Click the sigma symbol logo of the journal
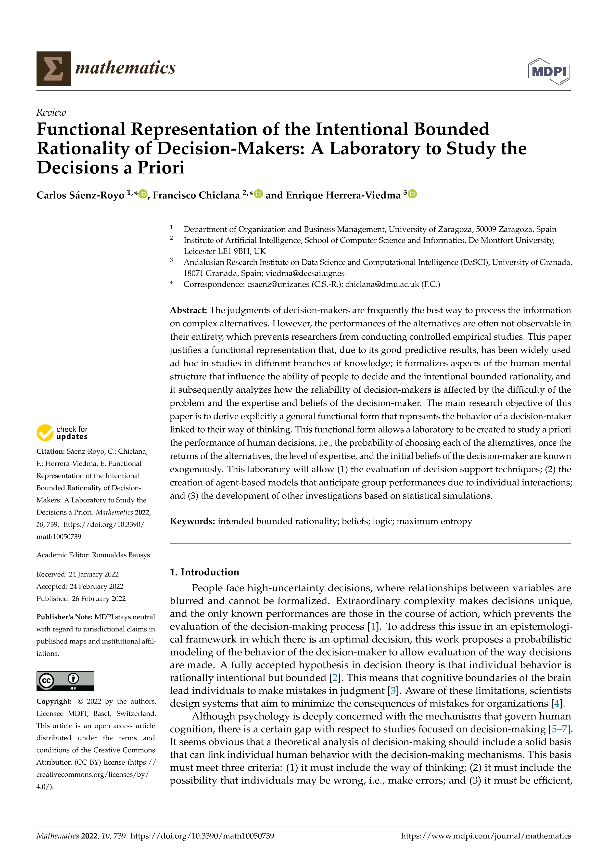[53, 69]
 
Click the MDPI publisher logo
[549, 71]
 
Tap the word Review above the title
[51, 112]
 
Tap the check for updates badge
[62, 433]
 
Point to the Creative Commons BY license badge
[65, 681]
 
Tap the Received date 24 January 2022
[94, 574]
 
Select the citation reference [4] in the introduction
[557, 704]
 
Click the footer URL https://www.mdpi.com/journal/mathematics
[486, 836]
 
